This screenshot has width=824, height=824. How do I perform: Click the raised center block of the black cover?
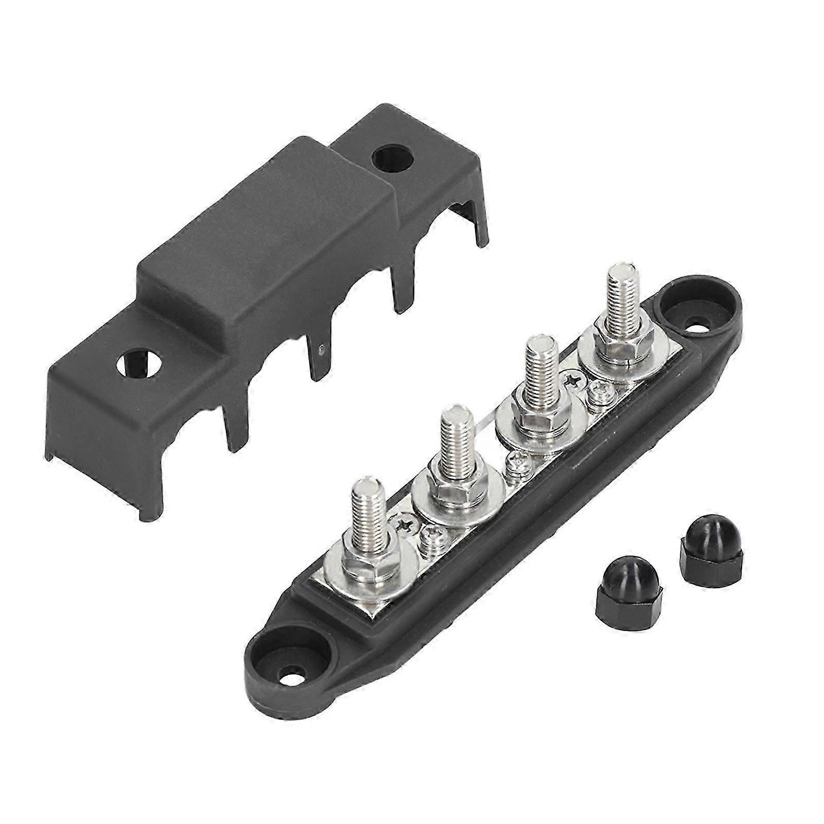click(268, 232)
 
